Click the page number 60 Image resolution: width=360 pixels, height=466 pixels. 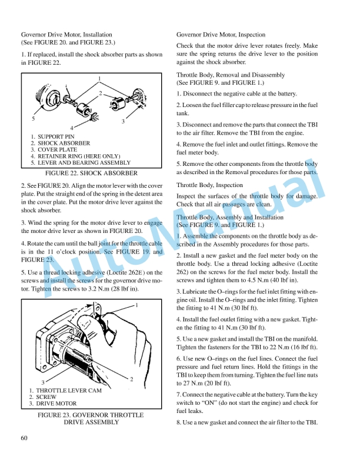point(25,437)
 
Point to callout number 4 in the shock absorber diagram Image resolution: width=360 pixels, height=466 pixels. point(72,128)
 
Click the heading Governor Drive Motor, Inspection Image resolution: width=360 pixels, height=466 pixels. point(221,35)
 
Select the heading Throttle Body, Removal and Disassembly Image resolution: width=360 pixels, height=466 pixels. point(231,75)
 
